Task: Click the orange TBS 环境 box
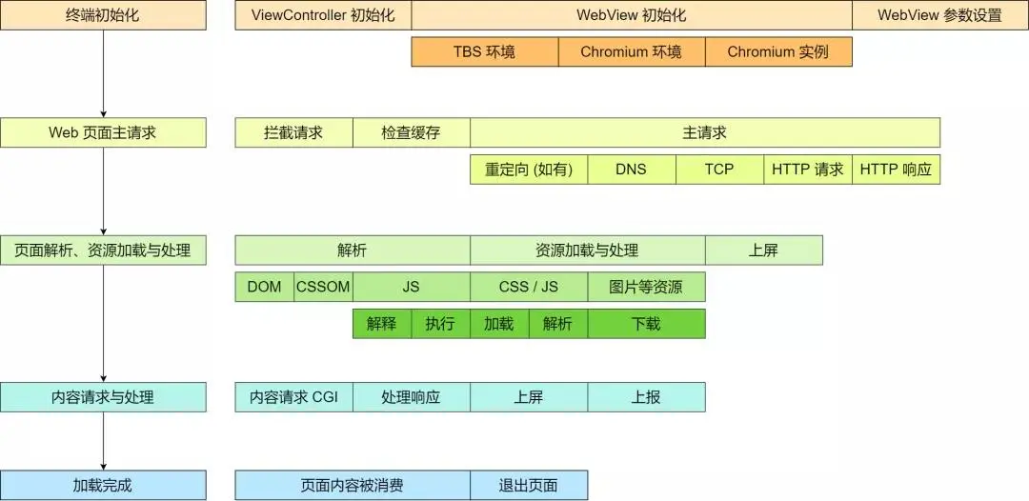pos(484,52)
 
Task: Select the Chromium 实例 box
pos(777,52)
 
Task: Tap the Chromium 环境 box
pos(631,52)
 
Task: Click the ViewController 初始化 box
pos(323,15)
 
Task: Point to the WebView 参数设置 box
pos(939,15)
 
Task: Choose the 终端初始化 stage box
pos(103,15)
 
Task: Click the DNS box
pos(631,170)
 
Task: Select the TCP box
pos(719,170)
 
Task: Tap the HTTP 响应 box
pos(896,170)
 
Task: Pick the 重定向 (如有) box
pos(529,170)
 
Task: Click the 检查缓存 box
pos(411,132)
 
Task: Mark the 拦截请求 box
pos(293,132)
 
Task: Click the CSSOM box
pos(323,287)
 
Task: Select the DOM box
pos(264,287)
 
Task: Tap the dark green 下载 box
pos(646,324)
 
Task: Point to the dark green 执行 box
pos(440,324)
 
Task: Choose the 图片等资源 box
pos(646,287)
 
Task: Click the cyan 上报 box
pos(646,397)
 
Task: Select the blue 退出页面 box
pos(529,485)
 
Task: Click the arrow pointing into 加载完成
pos(103,462)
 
